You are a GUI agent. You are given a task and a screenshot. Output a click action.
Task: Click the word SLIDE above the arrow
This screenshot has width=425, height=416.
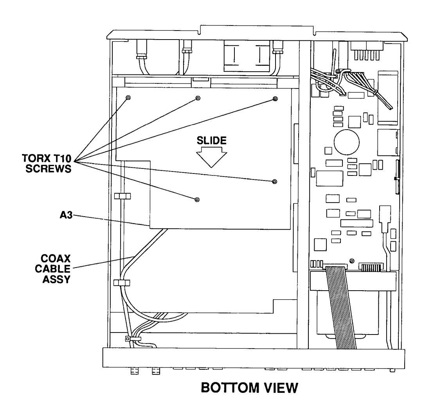pyautogui.click(x=211, y=141)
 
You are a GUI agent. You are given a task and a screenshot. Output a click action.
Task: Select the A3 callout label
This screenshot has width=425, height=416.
pyautogui.click(x=66, y=215)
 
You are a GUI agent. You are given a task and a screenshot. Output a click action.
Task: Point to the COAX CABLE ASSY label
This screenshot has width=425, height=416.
pyautogui.click(x=53, y=269)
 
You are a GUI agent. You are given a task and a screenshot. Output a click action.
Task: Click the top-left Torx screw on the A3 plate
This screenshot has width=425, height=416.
pyautogui.click(x=128, y=98)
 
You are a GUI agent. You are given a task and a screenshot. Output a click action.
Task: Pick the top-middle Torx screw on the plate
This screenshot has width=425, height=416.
pyautogui.click(x=198, y=98)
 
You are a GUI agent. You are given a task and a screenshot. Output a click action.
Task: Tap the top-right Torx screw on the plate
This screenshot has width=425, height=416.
pyautogui.click(x=275, y=98)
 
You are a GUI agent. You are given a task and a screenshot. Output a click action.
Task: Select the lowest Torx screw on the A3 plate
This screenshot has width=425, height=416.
pyautogui.click(x=197, y=200)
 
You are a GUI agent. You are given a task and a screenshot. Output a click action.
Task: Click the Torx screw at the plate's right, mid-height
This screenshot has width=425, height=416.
pyautogui.click(x=275, y=181)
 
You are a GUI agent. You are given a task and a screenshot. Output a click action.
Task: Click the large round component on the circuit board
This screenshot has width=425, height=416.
pyautogui.click(x=347, y=142)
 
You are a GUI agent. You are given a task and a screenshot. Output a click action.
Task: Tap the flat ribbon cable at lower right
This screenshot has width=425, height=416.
pyautogui.click(x=341, y=307)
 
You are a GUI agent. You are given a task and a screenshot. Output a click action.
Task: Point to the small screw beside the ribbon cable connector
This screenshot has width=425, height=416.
pyautogui.click(x=352, y=261)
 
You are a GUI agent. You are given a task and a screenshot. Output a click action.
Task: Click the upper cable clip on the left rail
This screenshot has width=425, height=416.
pyautogui.click(x=122, y=196)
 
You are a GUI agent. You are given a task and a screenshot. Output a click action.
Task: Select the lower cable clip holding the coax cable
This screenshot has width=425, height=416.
pyautogui.click(x=122, y=283)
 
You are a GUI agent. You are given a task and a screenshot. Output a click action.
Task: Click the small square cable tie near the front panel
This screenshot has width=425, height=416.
pyautogui.click(x=128, y=339)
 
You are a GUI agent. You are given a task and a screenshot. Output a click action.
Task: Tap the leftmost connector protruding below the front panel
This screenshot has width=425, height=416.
pyautogui.click(x=135, y=371)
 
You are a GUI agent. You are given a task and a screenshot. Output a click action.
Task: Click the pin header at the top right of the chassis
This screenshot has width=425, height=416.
pyautogui.click(x=367, y=51)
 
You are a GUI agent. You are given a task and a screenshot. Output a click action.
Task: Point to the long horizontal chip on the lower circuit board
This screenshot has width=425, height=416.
pyautogui.click(x=357, y=223)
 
